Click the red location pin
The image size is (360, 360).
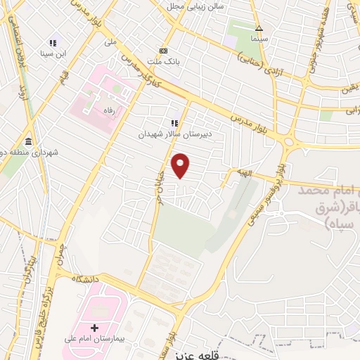182,165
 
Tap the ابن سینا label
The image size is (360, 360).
57,53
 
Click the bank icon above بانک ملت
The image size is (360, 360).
164,51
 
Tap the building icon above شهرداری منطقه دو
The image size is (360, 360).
27,140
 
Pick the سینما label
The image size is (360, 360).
259,38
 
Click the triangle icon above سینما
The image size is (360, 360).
259,28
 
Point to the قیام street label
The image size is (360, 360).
63,74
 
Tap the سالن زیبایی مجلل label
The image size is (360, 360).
195,6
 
